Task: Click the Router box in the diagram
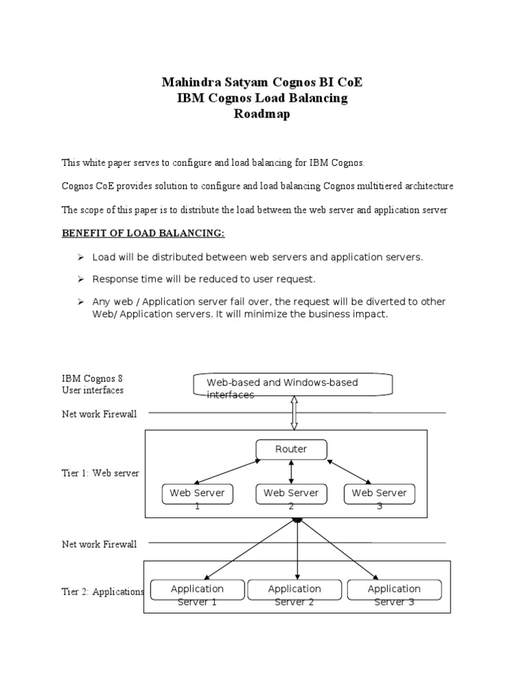(291, 450)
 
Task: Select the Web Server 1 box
(198, 494)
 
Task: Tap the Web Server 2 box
(291, 494)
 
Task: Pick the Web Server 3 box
(379, 494)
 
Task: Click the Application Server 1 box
(197, 589)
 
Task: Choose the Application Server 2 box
(294, 589)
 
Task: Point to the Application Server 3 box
(394, 589)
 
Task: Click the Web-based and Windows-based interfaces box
(293, 385)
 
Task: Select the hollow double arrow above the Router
(294, 414)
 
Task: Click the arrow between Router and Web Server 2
(291, 472)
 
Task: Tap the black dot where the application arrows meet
(297, 520)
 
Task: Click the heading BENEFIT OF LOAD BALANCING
(144, 233)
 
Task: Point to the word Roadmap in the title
(262, 114)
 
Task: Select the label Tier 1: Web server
(100, 473)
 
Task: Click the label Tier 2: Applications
(103, 592)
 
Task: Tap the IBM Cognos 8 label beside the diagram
(92, 378)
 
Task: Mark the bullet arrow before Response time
(79, 280)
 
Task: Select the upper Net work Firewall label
(99, 414)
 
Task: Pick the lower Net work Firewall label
(99, 544)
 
